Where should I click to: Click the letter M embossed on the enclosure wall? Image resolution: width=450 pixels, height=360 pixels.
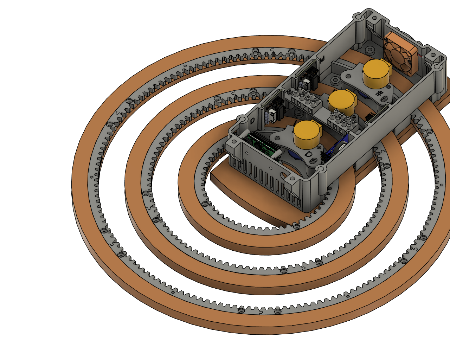point(322,59)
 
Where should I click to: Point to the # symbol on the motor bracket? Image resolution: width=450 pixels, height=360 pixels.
point(379,94)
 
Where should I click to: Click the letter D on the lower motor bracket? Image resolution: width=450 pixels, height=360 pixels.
point(308,154)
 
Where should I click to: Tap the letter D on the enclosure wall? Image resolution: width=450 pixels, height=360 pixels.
point(252,121)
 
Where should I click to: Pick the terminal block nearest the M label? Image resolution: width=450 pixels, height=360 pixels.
point(306,99)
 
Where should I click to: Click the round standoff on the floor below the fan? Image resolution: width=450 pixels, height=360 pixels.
point(369,49)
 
